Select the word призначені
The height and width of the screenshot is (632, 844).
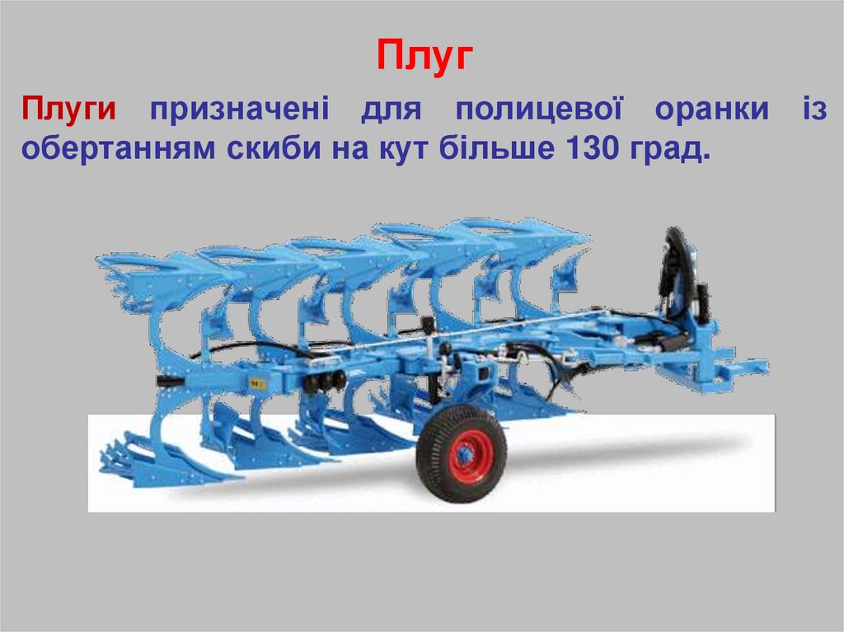pyautogui.click(x=237, y=110)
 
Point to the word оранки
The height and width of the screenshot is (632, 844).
pyautogui.click(x=711, y=110)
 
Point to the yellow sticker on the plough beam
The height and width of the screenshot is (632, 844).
pyautogui.click(x=256, y=382)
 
